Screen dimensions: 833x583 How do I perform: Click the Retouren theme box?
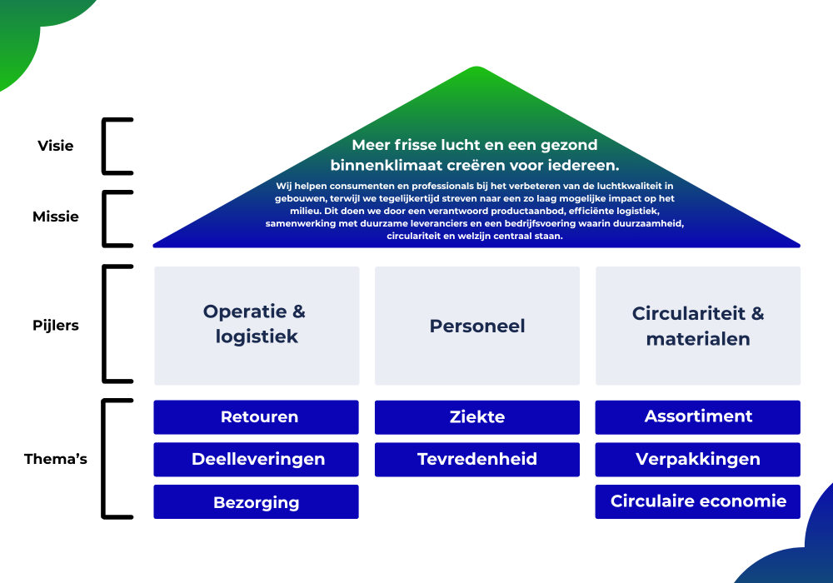click(256, 416)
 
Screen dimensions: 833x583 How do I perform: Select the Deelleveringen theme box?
click(256, 459)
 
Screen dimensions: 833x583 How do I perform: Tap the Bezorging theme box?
click(256, 501)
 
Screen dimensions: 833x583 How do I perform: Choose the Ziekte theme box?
click(477, 416)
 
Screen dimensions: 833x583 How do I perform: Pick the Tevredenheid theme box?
click(477, 459)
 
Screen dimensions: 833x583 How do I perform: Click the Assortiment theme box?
click(697, 416)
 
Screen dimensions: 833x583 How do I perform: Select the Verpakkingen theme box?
click(697, 459)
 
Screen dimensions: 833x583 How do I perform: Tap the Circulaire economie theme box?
click(697, 501)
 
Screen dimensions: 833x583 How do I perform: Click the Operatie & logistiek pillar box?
click(257, 326)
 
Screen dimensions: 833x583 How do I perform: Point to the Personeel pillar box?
click(477, 326)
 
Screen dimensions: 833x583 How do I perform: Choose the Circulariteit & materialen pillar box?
click(698, 326)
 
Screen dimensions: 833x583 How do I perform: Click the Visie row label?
click(55, 146)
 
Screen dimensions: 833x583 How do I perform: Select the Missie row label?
click(55, 217)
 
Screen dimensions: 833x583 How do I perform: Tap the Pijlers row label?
click(55, 326)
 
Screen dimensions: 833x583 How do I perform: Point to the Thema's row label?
click(55, 459)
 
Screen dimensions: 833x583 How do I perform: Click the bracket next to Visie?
click(103, 146)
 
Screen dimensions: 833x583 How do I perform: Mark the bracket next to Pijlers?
click(103, 324)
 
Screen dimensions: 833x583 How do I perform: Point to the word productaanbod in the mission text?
click(528, 211)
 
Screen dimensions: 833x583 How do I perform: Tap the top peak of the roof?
click(476, 67)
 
